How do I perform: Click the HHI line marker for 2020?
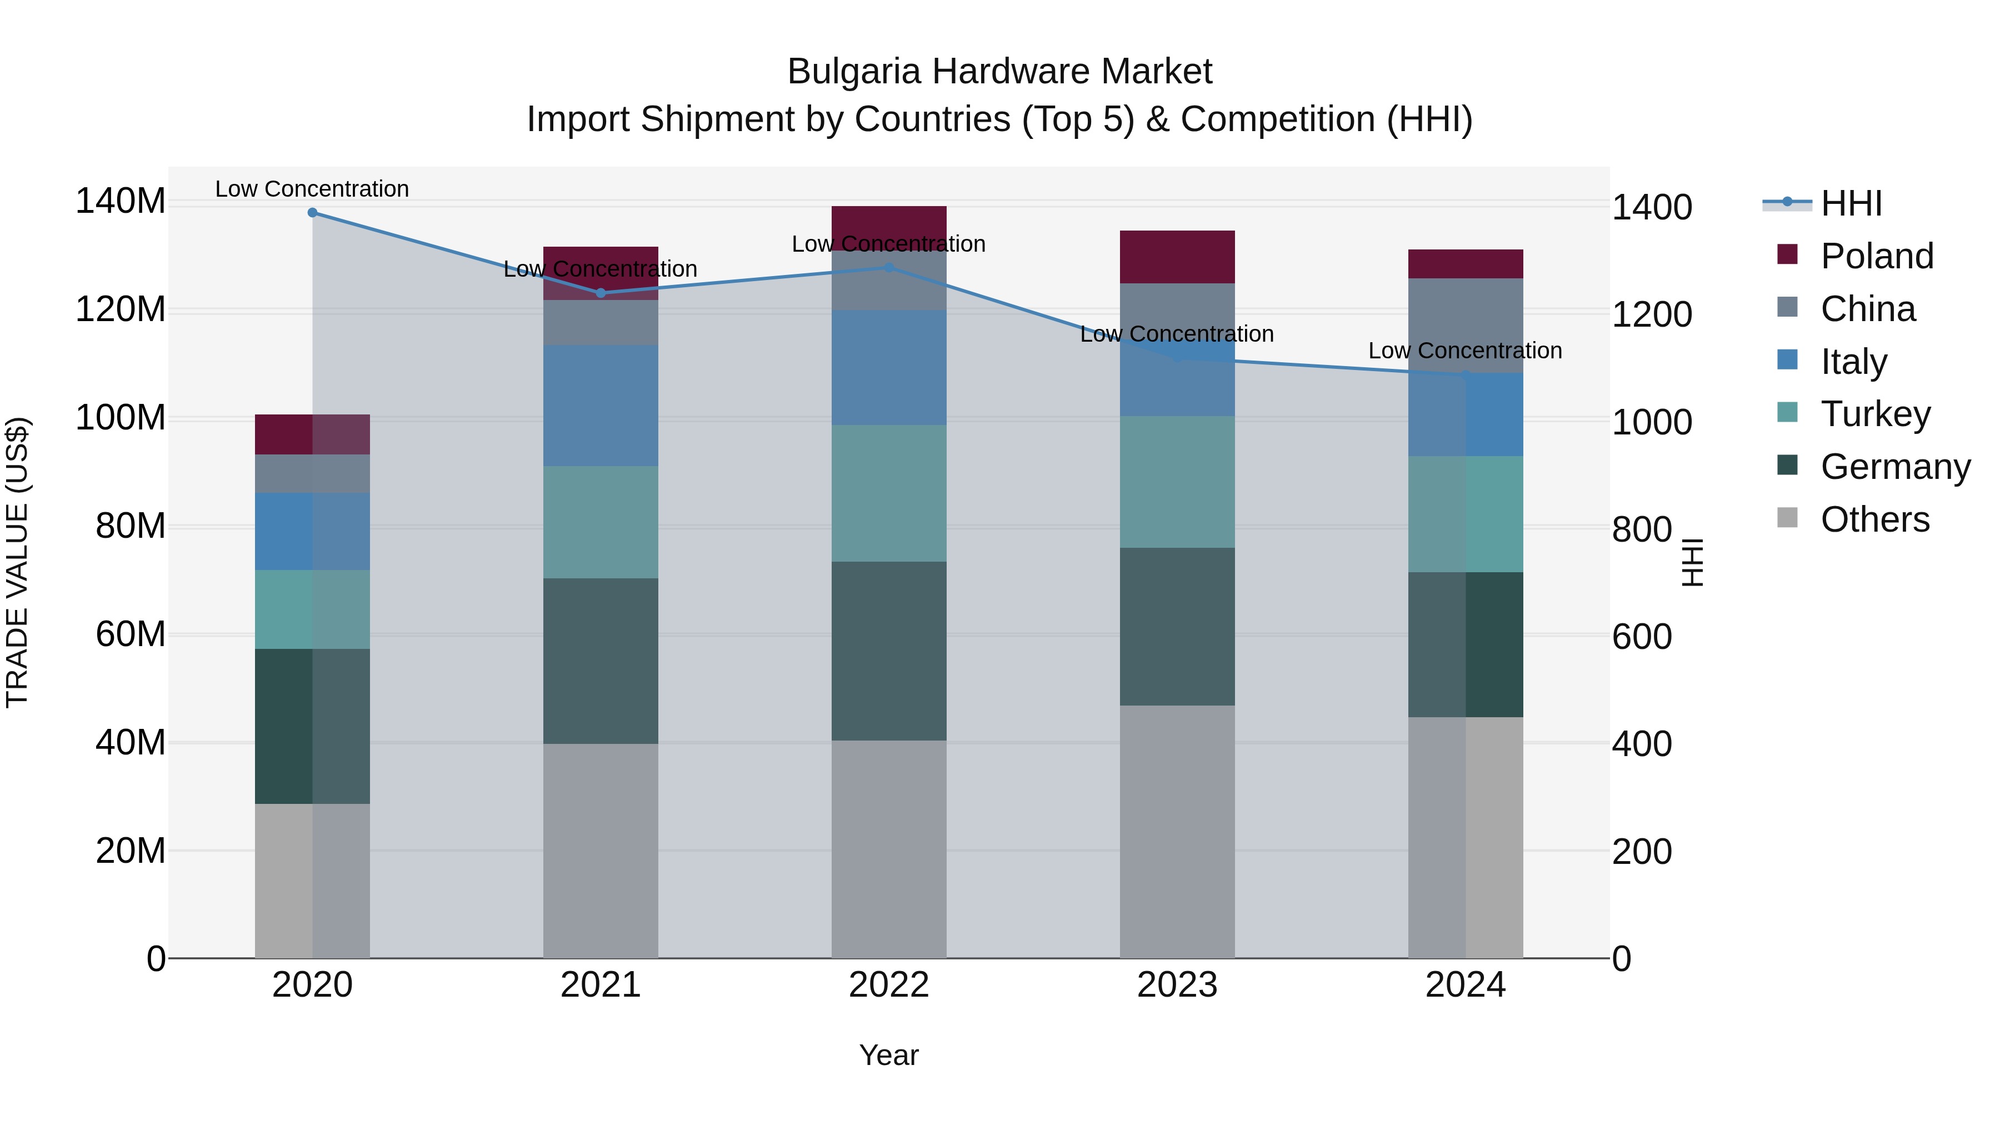coord(312,213)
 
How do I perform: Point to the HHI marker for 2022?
coord(889,267)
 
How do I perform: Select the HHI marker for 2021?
coord(600,293)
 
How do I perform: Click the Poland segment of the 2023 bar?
coord(1177,257)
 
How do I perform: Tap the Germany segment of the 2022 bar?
coord(889,651)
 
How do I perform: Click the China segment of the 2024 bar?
coord(1465,326)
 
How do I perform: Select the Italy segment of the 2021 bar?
coord(600,406)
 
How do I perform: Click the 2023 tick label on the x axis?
coord(1177,985)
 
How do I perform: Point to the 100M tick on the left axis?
coord(121,418)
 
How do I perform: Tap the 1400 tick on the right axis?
coord(1652,208)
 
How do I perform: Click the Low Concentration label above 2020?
coord(312,189)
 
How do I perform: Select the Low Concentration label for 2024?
coord(1465,351)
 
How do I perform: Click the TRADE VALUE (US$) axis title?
coord(17,562)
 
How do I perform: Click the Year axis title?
coord(888,1055)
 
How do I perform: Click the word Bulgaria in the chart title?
coord(854,72)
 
